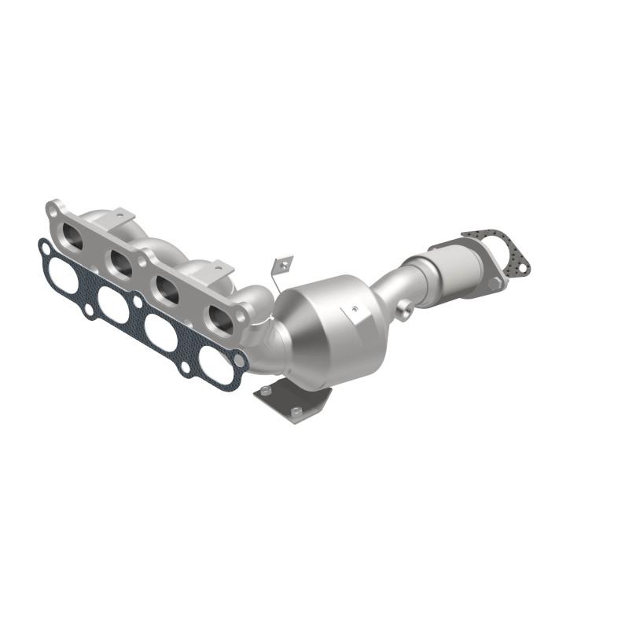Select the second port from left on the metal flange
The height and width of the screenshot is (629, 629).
(121, 263)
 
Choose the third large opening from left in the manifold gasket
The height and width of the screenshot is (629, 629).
(162, 333)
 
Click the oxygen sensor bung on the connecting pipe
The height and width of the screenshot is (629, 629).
(403, 311)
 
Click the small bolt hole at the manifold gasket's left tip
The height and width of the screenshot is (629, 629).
(46, 250)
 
